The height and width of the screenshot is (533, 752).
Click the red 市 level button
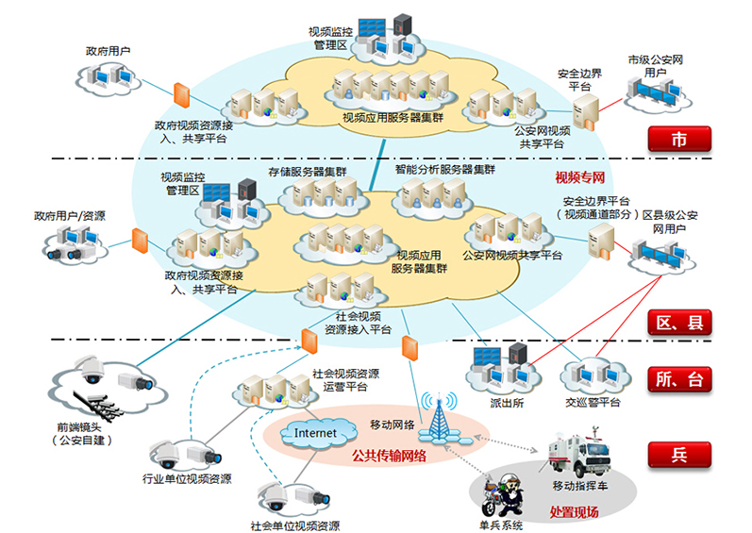(x=677, y=141)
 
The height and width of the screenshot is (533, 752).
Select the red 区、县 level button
(x=677, y=323)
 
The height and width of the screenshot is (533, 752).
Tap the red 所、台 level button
(x=677, y=380)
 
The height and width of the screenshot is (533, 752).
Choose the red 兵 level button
(x=677, y=455)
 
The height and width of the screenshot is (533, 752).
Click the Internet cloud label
(x=315, y=433)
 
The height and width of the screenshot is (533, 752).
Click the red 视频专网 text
(x=580, y=178)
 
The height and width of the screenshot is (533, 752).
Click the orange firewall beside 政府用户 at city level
(x=182, y=96)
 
